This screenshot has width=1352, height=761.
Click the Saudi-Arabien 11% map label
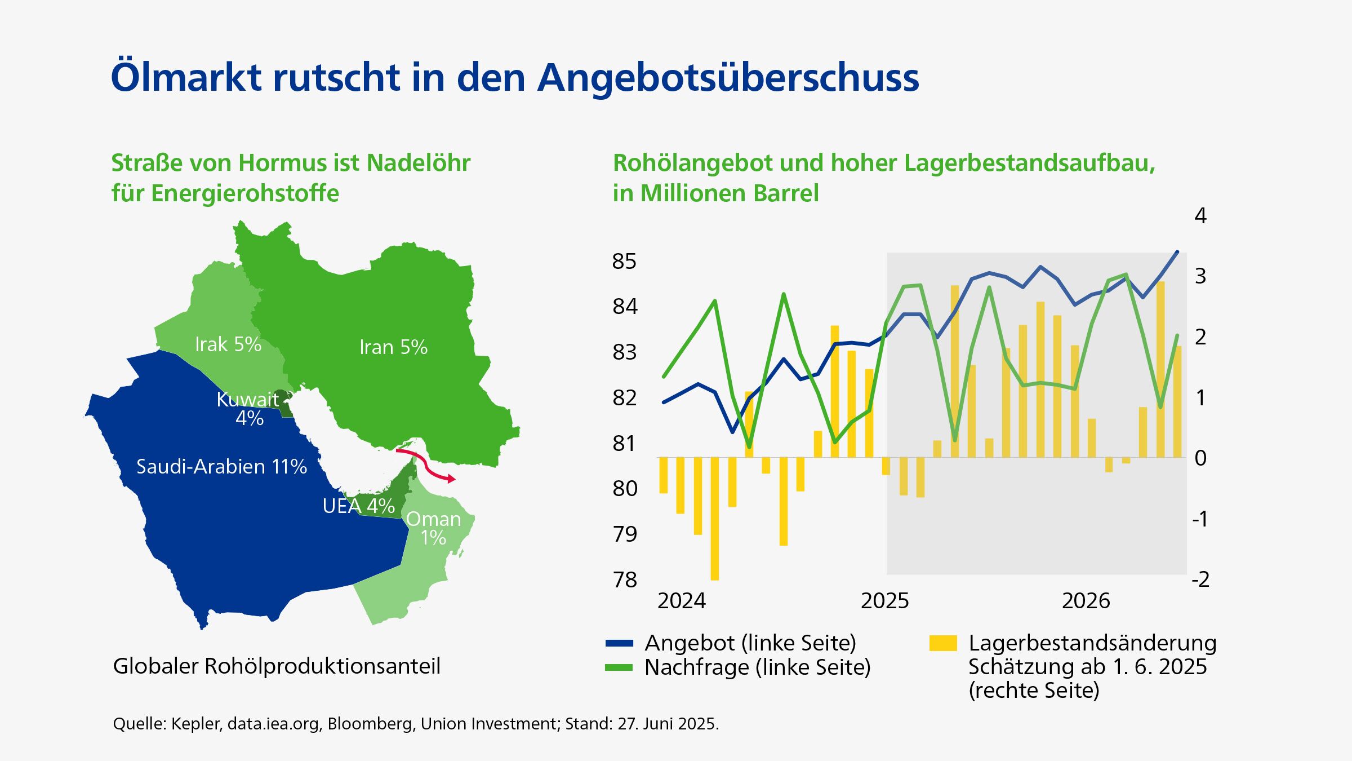(221, 467)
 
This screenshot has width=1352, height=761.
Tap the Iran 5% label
(393, 347)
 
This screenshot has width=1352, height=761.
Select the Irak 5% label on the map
(228, 344)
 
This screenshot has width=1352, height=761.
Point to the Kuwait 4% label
(248, 409)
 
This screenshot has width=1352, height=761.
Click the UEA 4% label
(358, 506)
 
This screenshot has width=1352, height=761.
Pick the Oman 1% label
(433, 528)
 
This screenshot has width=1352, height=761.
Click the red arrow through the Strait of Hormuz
(427, 464)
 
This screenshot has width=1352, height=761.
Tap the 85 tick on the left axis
(624, 262)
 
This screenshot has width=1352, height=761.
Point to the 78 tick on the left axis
(624, 579)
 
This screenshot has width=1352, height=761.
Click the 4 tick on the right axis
(1200, 215)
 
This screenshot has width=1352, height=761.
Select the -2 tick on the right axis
(1200, 579)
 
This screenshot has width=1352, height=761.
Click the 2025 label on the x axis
(884, 601)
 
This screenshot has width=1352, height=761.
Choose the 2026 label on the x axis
(1086, 601)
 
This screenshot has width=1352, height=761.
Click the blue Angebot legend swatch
(619, 643)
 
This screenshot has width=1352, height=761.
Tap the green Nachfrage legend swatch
(619, 667)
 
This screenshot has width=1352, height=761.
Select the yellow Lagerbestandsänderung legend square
(943, 643)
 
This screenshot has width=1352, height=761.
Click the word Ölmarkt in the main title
(186, 77)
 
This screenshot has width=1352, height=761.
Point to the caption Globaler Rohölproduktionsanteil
(277, 666)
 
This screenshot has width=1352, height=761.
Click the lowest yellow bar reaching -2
(715, 519)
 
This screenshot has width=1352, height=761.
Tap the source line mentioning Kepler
(416, 724)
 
